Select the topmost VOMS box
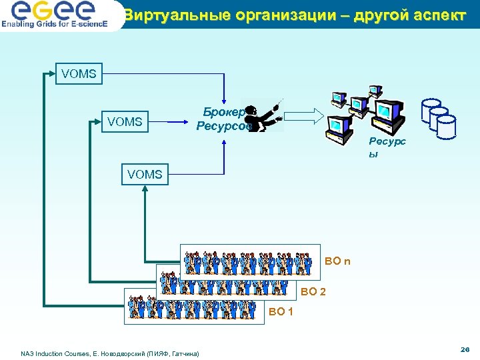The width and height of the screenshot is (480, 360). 79,74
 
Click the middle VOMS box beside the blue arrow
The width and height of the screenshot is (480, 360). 125,121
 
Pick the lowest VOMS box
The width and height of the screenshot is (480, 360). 145,174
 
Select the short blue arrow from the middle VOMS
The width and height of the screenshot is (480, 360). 169,122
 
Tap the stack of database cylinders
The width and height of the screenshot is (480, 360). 439,119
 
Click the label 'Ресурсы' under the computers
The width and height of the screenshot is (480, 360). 387,147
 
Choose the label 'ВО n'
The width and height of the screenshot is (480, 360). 337,261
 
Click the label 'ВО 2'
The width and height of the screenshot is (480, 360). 313,291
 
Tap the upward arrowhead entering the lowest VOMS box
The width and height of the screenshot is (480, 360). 145,189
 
